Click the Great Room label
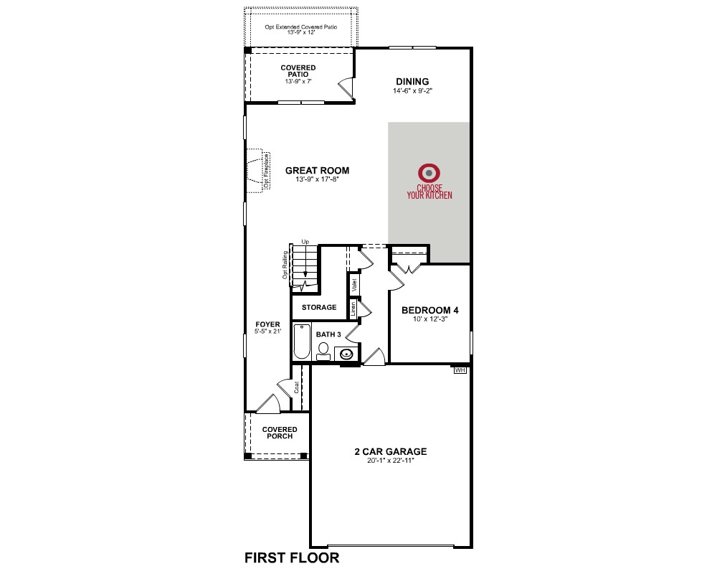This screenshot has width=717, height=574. (x=317, y=170)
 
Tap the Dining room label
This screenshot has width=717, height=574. (x=412, y=82)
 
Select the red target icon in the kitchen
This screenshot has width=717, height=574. (x=429, y=173)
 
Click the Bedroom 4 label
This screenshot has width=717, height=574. (x=429, y=310)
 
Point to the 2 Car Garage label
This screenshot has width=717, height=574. (x=391, y=451)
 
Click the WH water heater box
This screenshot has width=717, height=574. (x=460, y=370)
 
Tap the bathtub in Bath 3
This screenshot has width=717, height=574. (x=301, y=342)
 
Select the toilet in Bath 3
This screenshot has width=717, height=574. (x=323, y=350)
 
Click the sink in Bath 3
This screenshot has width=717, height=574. (x=346, y=354)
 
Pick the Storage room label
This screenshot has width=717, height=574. (x=319, y=307)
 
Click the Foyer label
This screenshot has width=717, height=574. (x=267, y=324)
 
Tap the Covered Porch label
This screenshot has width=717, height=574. (x=280, y=433)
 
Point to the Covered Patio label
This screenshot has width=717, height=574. (x=298, y=71)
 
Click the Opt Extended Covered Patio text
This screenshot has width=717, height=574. (x=301, y=27)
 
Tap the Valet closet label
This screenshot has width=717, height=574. (x=354, y=286)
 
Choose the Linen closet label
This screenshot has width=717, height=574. (x=353, y=309)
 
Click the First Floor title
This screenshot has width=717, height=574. (x=293, y=557)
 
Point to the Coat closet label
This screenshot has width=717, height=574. (x=296, y=387)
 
